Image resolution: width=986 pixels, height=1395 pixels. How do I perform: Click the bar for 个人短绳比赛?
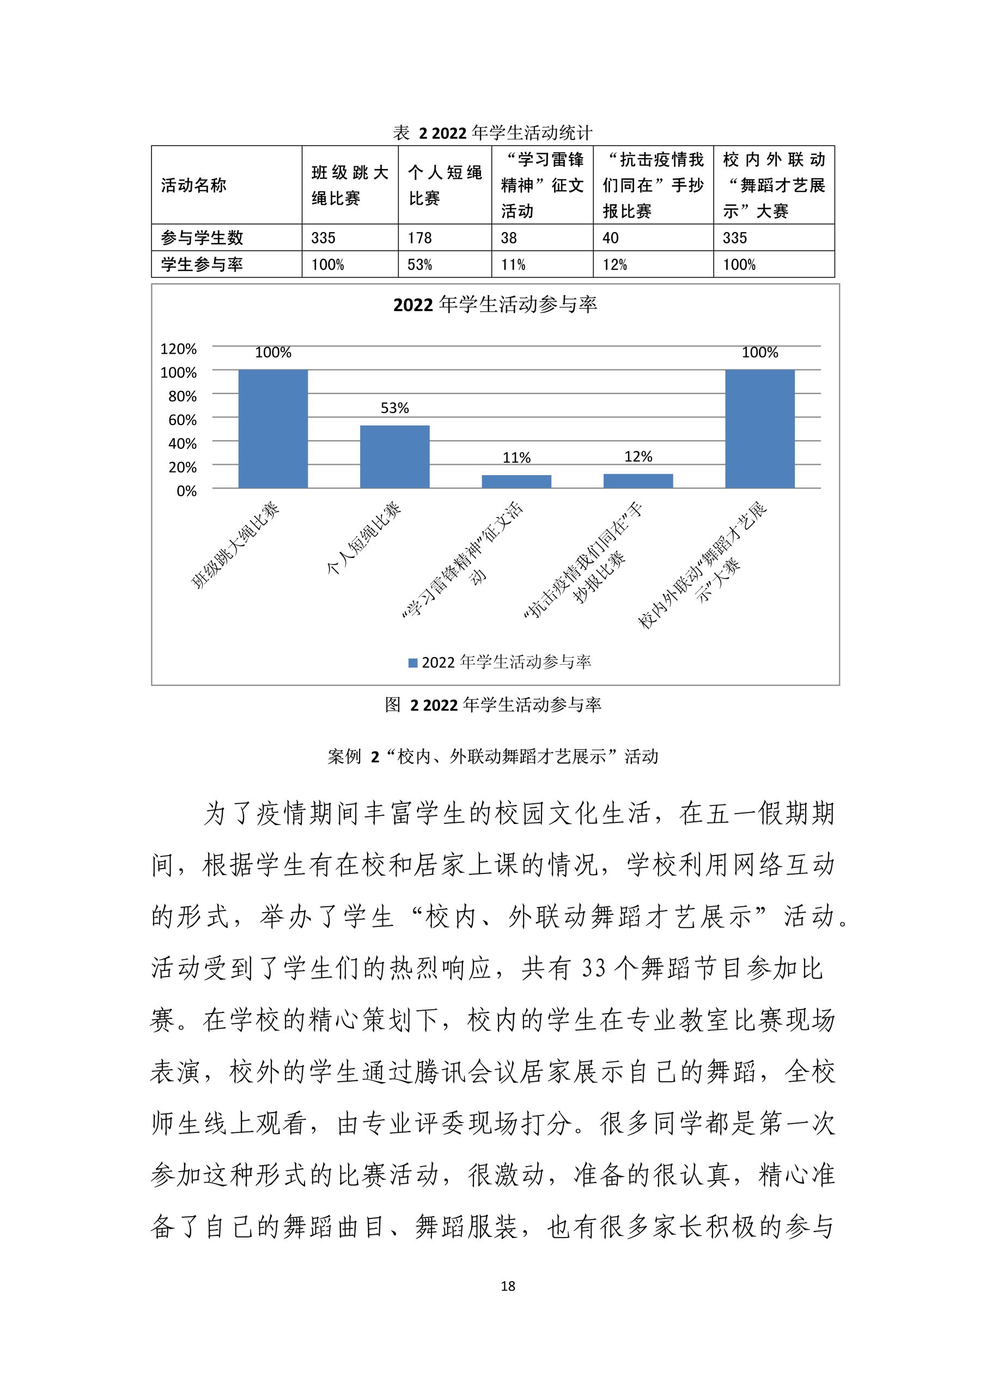394,456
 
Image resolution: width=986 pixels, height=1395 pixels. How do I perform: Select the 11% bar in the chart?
516,481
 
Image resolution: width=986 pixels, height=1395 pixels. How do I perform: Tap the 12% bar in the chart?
638,481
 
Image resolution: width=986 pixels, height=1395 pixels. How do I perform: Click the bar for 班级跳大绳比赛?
273,428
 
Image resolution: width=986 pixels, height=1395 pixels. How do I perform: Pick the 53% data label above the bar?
394,408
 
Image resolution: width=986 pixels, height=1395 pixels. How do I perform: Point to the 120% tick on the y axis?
178,349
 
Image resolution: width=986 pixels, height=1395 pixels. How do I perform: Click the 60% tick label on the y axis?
182,420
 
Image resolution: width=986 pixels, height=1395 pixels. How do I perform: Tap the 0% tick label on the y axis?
186,491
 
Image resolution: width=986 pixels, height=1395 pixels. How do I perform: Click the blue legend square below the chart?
412,663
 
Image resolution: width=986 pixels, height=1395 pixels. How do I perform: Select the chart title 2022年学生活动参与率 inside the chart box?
495,305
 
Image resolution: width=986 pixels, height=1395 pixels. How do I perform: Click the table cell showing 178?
420,238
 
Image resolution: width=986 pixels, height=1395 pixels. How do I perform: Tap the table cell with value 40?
611,238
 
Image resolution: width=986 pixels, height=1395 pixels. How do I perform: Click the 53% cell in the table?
420,265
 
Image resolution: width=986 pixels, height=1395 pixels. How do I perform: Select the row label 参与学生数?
202,238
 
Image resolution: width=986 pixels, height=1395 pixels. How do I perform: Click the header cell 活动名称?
194,185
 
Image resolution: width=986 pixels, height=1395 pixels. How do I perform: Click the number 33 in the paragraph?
594,968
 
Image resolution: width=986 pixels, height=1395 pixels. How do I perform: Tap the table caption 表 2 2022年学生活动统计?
492,132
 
